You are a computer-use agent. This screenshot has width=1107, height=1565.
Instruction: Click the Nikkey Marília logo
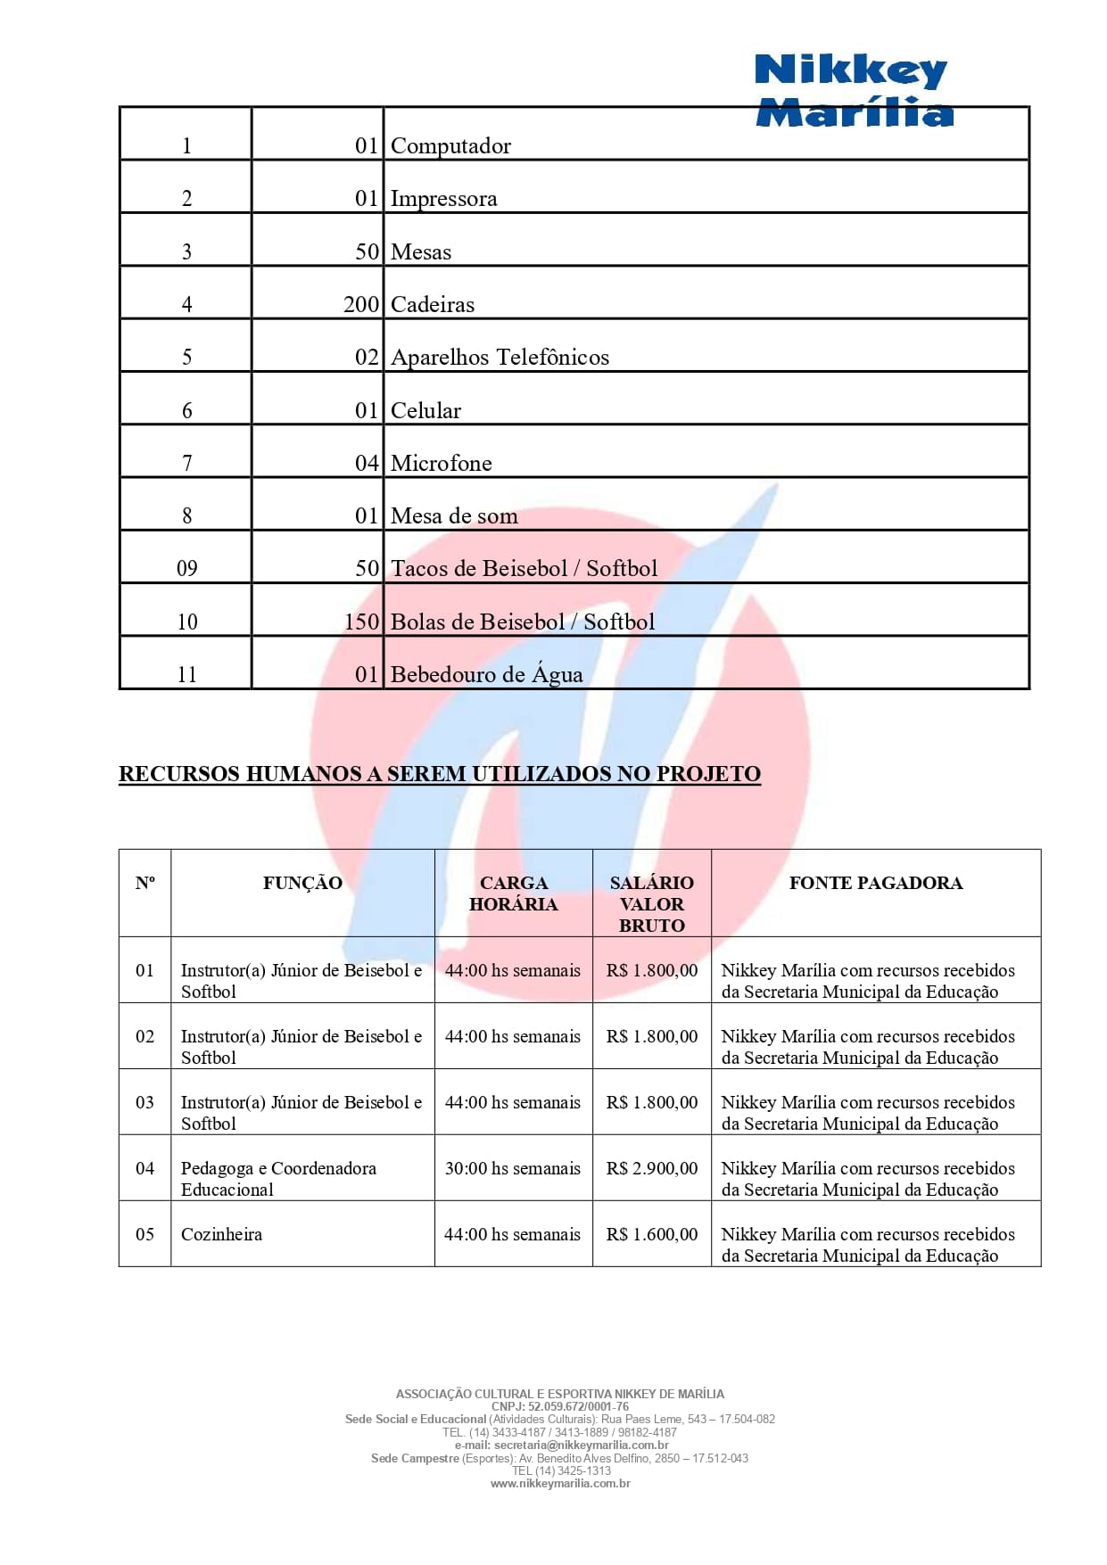pos(854,89)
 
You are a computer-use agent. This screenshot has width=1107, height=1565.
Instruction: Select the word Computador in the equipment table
pos(450,145)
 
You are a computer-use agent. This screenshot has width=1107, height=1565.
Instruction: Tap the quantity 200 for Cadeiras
pos(361,304)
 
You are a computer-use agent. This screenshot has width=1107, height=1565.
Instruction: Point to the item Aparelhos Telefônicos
pos(500,357)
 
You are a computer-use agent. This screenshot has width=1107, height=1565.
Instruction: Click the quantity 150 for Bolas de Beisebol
pos(361,622)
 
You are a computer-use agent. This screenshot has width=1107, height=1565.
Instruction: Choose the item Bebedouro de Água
pos(486,674)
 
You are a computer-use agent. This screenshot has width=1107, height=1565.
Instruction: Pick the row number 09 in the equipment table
pos(186,568)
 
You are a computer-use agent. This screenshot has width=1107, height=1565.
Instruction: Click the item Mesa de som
pos(454,515)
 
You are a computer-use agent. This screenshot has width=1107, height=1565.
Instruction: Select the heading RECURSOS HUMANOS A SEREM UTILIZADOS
pos(440,773)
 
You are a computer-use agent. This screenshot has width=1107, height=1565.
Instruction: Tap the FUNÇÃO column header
pos(302,883)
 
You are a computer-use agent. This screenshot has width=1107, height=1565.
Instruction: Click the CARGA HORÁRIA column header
pos(513,893)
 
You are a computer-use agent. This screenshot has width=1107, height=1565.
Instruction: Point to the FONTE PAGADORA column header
pos(875,883)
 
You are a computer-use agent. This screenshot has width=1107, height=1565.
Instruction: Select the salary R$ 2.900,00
pos(652,1168)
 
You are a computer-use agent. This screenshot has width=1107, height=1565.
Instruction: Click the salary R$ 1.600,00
pos(652,1234)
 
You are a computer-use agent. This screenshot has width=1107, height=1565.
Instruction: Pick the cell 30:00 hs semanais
pos(513,1168)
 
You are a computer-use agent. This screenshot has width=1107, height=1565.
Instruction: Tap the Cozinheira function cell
pos(221,1234)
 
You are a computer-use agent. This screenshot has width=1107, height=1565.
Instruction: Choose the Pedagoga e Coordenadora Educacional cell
pos(277,1178)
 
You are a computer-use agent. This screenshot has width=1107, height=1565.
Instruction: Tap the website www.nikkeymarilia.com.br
pos(560,1484)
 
